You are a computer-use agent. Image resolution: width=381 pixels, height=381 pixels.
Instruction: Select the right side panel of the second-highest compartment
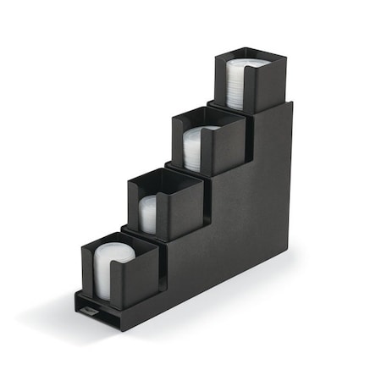point(224,152)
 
